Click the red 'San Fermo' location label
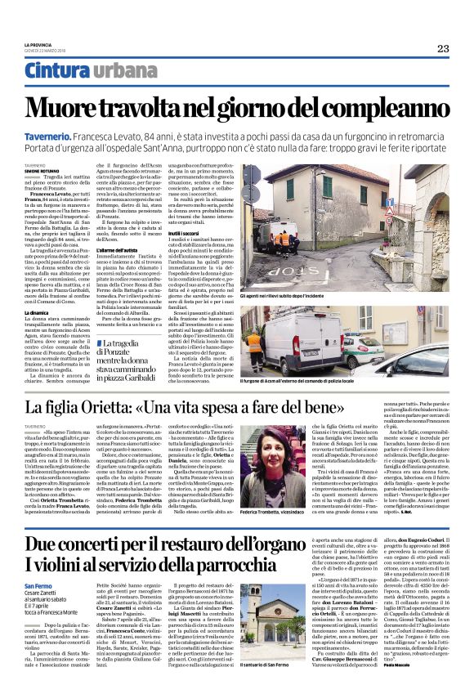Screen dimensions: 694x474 (38, 586)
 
